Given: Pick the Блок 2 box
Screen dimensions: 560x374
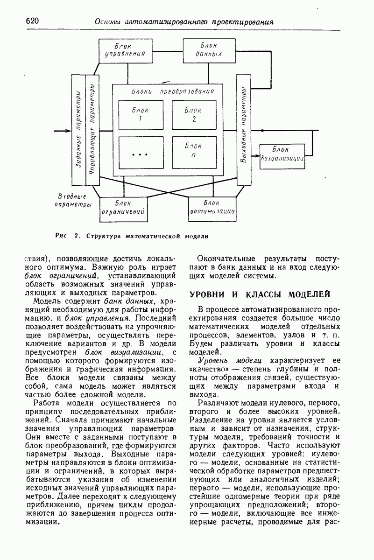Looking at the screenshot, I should click(192, 114).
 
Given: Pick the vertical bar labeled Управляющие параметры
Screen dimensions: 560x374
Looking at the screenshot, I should click(92, 129).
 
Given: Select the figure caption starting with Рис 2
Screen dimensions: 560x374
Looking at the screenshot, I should click(131, 236).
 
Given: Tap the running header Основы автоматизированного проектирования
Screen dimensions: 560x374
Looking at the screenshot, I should click(183, 21).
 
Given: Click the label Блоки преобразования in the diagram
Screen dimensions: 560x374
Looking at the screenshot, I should click(173, 91).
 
